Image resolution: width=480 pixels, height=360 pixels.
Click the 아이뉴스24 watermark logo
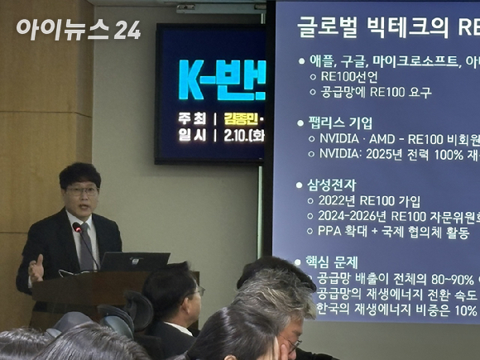pos(79,30)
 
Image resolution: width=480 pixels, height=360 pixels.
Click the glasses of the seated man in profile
pos(198,291)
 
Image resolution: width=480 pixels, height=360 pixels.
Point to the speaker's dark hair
pos(80,172)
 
